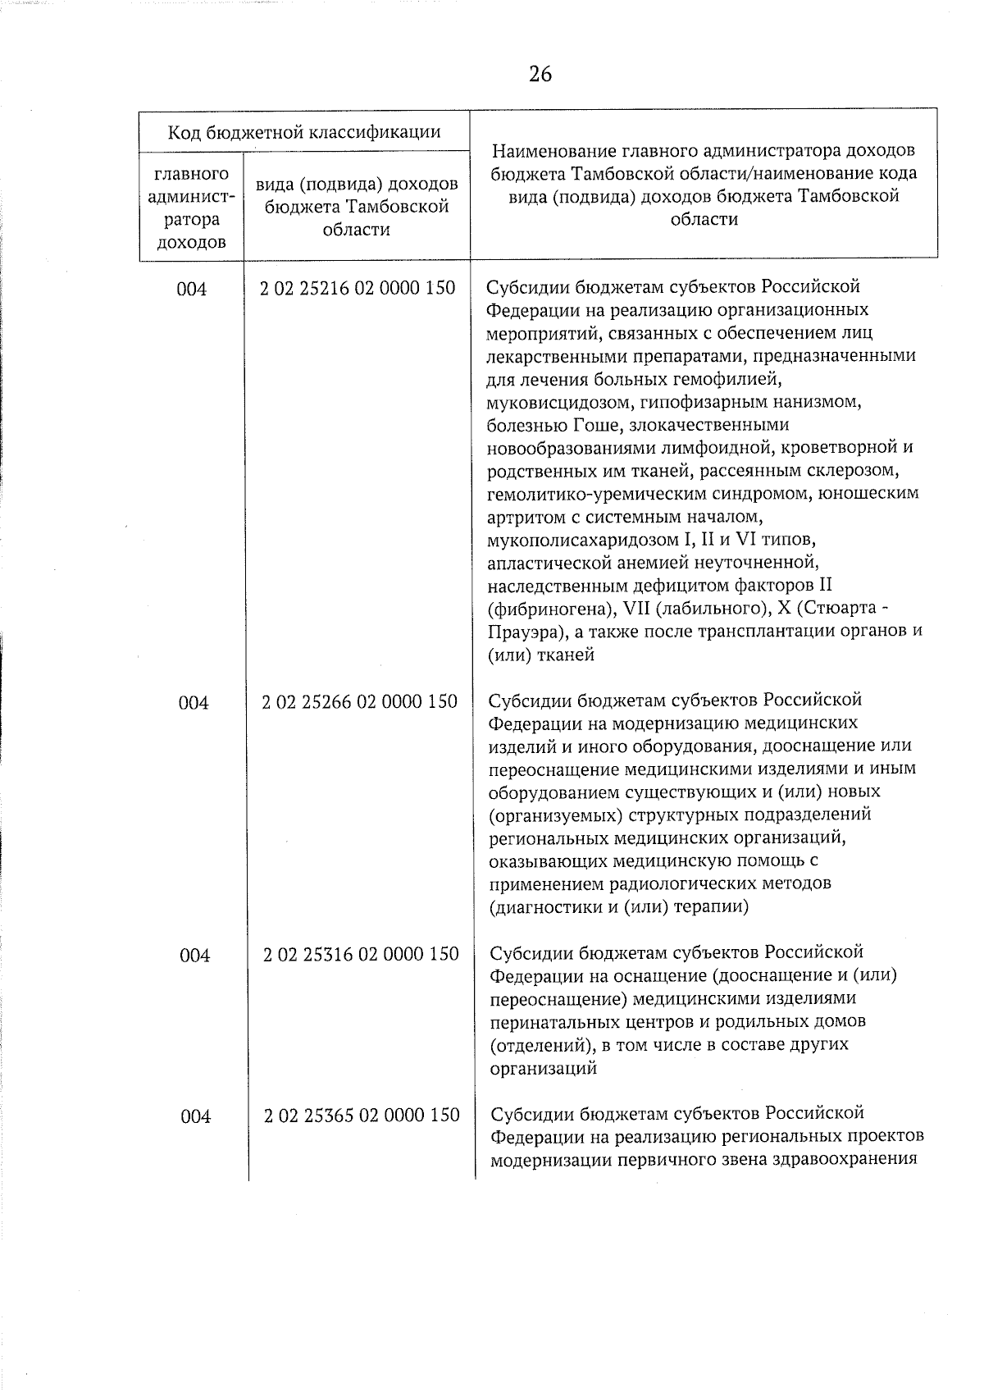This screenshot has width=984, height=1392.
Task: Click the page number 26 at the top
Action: [540, 75]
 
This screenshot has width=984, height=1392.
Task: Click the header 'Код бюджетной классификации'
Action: [304, 132]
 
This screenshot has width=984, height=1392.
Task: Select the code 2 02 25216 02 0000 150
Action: [358, 289]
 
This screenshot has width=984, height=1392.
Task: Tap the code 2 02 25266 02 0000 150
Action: [359, 702]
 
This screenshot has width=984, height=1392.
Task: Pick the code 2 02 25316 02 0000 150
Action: [361, 955]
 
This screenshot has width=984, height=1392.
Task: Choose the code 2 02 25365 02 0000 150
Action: [362, 1116]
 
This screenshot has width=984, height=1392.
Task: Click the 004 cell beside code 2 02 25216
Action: [192, 290]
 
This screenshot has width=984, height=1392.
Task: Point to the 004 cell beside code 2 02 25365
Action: [195, 1117]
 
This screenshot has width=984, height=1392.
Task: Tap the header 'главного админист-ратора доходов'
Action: [192, 208]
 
